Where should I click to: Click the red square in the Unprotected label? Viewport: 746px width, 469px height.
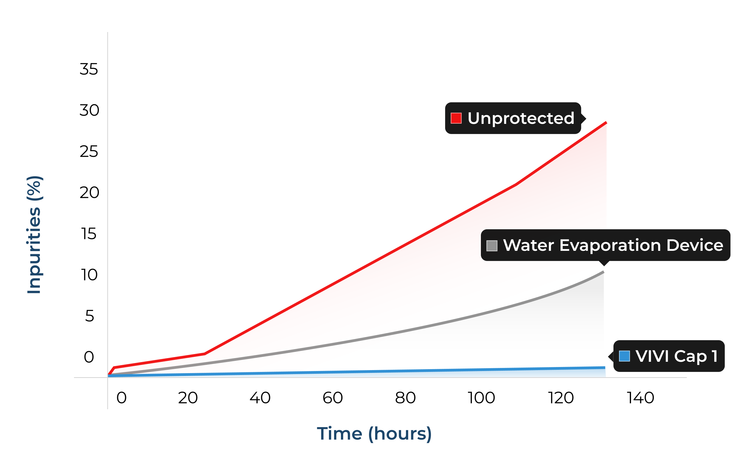pyautogui.click(x=456, y=118)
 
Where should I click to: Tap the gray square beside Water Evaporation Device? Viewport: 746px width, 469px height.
pyautogui.click(x=492, y=246)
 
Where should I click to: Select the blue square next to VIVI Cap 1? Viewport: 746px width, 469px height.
pyautogui.click(x=624, y=356)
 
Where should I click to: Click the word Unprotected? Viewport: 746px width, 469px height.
pyautogui.click(x=521, y=118)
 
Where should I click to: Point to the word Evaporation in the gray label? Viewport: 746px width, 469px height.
pyautogui.click(x=610, y=245)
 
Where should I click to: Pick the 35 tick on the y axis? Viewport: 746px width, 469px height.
pyautogui.click(x=88, y=69)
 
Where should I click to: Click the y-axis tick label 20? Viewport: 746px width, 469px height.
pyautogui.click(x=89, y=192)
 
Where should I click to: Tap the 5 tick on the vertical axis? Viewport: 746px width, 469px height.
pyautogui.click(x=89, y=316)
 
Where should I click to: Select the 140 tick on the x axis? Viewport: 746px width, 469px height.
pyautogui.click(x=640, y=398)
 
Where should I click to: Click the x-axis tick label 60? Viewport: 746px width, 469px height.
pyautogui.click(x=332, y=398)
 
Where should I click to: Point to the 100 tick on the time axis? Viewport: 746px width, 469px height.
pyautogui.click(x=481, y=398)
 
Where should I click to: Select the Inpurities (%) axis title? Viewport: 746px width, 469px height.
pyautogui.click(x=34, y=235)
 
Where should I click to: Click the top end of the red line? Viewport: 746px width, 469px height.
pyautogui.click(x=606, y=123)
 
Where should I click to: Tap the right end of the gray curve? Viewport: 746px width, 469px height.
pyautogui.click(x=604, y=272)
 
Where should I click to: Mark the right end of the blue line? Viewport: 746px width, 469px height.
pyautogui.click(x=605, y=368)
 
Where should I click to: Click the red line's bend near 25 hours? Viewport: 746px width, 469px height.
pyautogui.click(x=204, y=353)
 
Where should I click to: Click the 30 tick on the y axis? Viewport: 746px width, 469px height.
pyautogui.click(x=89, y=110)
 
